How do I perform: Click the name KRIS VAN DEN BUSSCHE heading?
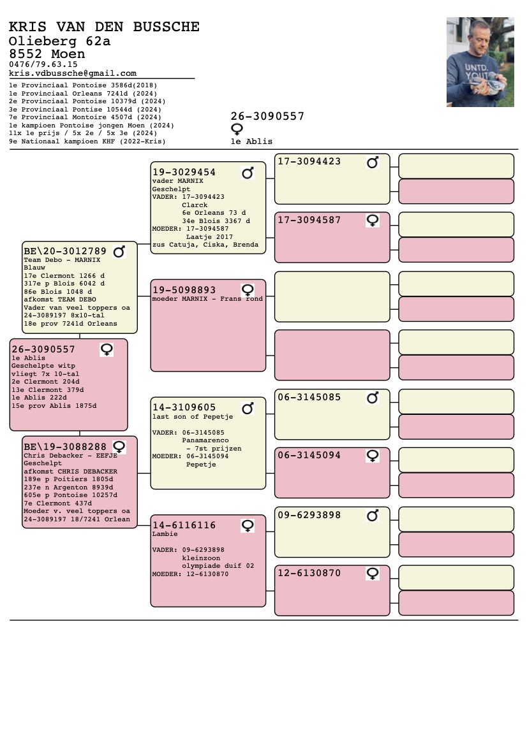[x=104, y=27]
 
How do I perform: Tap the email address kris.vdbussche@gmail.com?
[x=73, y=73]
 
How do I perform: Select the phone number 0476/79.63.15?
[x=43, y=64]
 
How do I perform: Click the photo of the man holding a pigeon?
[x=480, y=62]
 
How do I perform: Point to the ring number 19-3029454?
[x=184, y=172]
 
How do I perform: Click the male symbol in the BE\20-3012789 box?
[x=119, y=251]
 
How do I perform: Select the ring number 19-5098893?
[x=184, y=290]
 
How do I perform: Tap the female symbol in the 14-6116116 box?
[x=248, y=526]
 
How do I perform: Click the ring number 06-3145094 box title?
[x=309, y=455]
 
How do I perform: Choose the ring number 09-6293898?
[x=309, y=515]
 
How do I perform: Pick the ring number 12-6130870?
[x=309, y=573]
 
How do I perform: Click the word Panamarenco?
[x=205, y=440]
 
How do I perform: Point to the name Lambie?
[x=165, y=534]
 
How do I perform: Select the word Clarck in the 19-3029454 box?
[x=195, y=205]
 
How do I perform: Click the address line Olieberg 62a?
[x=59, y=41]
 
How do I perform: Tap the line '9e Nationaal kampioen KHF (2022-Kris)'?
[x=87, y=141]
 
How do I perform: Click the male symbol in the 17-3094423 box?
[x=373, y=163]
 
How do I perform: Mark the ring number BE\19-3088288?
[x=65, y=447]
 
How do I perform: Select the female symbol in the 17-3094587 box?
[x=373, y=221]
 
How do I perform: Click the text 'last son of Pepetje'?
[x=193, y=417]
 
